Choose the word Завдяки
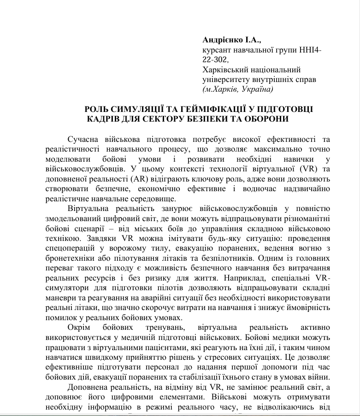(x=93, y=239)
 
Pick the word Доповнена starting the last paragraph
(x=89, y=388)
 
